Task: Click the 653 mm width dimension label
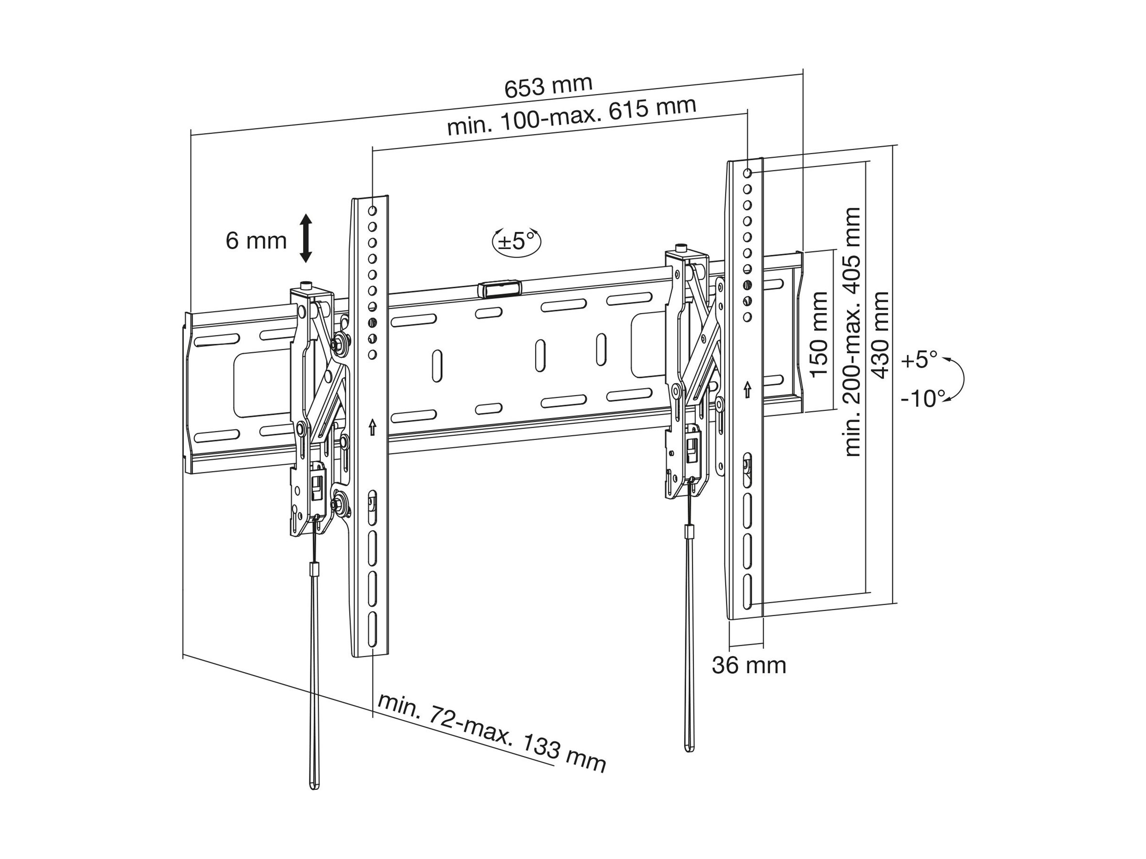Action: (548, 86)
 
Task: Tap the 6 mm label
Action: (256, 241)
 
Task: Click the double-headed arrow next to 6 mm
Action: (306, 238)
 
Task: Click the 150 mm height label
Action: (819, 335)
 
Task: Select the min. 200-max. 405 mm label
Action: (852, 331)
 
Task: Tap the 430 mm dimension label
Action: (881, 335)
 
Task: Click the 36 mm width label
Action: (749, 665)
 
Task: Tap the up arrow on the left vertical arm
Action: (372, 427)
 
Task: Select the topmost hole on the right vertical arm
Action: (748, 172)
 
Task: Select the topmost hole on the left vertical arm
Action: (372, 211)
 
